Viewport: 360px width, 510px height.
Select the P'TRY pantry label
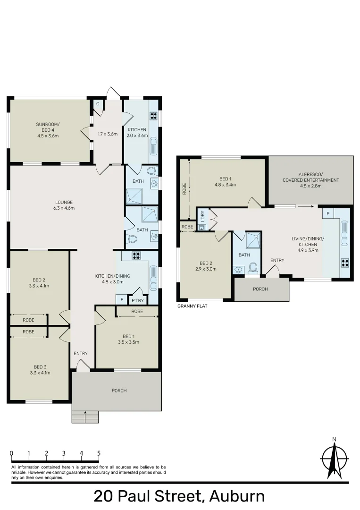click(137, 300)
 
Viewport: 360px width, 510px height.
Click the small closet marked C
click(98, 103)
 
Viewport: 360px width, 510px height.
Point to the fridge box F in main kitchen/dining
click(122, 300)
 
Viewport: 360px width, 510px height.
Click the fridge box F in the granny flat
click(326, 214)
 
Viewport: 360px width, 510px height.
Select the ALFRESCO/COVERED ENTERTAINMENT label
click(310, 180)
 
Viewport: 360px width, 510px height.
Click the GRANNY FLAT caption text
click(192, 306)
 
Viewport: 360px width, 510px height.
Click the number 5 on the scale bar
click(99, 454)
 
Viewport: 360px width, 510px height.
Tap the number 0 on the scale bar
click(11, 454)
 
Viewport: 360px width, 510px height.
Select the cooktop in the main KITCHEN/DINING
click(136, 256)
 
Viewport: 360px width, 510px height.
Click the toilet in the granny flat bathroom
click(252, 268)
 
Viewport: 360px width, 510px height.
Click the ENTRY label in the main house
click(80, 353)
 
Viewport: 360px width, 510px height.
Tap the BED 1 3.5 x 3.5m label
click(127, 339)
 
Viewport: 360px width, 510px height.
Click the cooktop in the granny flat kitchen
click(344, 263)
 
